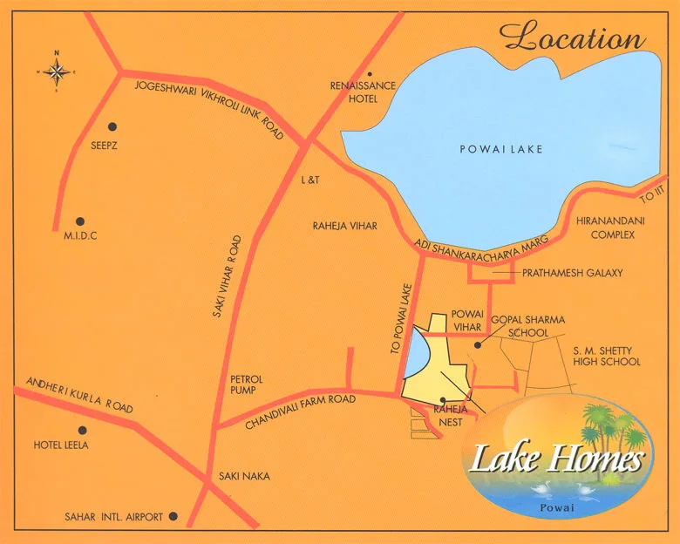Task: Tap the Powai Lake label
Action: (x=501, y=149)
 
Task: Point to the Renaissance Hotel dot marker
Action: (x=370, y=74)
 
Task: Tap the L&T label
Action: (x=311, y=180)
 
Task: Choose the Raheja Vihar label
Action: (x=344, y=226)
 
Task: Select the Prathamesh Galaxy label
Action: (x=573, y=273)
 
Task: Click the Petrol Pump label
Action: (x=246, y=384)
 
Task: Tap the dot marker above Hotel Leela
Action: (x=82, y=430)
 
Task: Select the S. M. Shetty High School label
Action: (x=607, y=356)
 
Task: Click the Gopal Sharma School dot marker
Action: (x=477, y=345)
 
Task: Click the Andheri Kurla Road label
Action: (x=79, y=395)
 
